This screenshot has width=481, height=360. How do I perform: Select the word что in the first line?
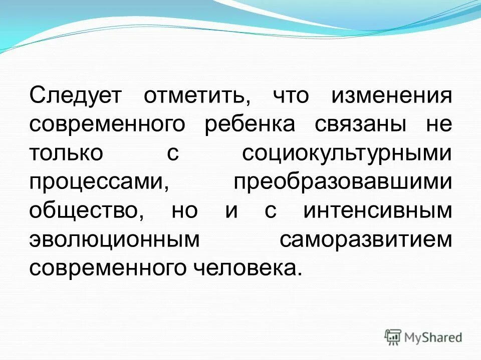click(291, 95)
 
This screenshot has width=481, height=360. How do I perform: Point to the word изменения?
click(391, 95)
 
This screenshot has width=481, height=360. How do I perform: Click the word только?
click(66, 153)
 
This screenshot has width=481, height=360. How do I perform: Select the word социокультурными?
click(347, 153)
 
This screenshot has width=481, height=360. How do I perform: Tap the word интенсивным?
click(377, 210)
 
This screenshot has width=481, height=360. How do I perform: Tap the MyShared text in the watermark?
click(432, 337)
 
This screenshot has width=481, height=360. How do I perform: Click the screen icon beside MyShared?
click(393, 337)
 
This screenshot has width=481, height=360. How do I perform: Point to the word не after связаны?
click(439, 124)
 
